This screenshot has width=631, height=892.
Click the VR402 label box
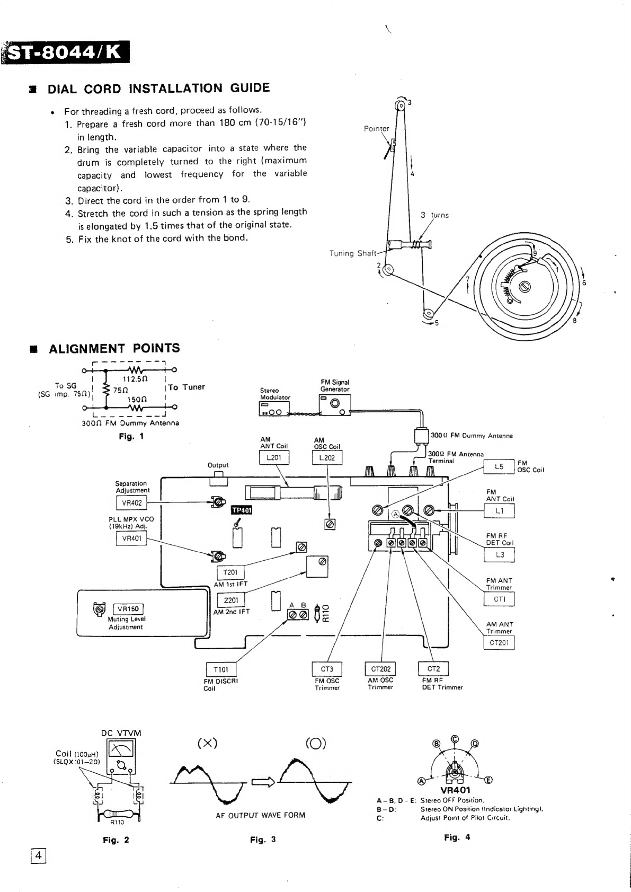131,503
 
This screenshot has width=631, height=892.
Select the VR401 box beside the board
131,538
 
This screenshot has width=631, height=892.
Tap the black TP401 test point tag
242,510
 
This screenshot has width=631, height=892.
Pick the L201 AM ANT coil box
274,457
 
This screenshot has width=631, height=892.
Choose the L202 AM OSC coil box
327,457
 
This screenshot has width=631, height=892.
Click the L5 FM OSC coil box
499,467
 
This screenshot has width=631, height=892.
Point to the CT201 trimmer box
499,643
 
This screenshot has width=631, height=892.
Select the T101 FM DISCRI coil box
221,669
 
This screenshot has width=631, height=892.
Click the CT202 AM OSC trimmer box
381,669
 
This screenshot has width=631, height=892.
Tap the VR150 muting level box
128,609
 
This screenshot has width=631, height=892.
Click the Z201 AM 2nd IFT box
232,600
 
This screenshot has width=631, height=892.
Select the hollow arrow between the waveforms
262,782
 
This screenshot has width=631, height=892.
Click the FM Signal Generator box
334,406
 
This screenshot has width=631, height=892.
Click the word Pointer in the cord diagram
376,128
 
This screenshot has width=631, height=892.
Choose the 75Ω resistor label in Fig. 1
121,390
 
